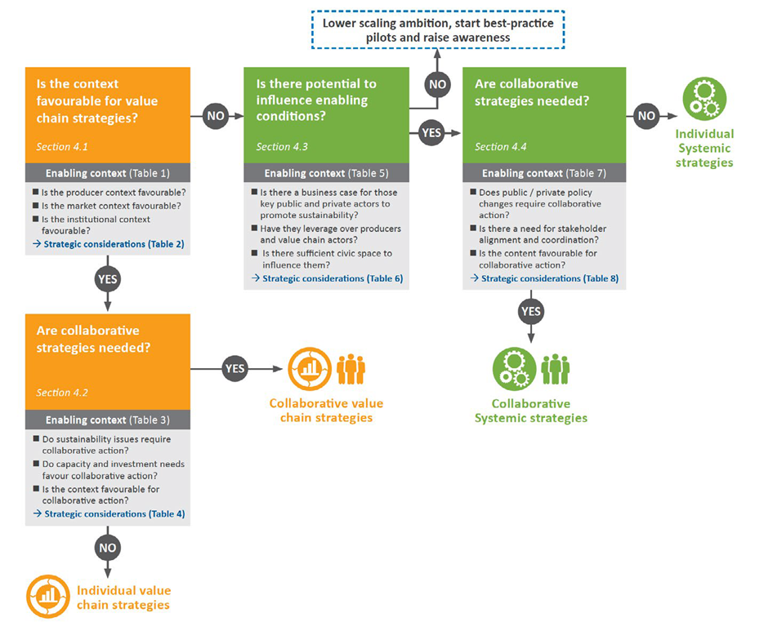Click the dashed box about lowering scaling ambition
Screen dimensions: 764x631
tap(438, 30)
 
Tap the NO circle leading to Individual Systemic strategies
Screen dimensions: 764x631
tap(646, 116)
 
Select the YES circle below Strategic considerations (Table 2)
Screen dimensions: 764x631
tap(108, 279)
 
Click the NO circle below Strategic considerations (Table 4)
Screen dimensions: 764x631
tap(108, 548)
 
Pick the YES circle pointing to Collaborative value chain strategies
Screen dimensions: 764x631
tap(235, 369)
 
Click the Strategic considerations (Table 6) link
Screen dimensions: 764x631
tap(328, 278)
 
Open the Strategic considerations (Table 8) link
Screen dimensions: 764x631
tap(545, 278)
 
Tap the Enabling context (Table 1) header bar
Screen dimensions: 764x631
tap(108, 173)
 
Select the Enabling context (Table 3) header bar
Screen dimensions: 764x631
tap(108, 420)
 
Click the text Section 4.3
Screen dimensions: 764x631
tap(282, 147)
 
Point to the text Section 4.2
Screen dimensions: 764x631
tap(62, 393)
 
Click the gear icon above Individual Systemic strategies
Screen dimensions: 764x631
tap(704, 99)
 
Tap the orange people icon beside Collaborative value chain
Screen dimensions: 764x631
tap(351, 369)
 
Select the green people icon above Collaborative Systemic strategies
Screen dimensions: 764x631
tap(556, 369)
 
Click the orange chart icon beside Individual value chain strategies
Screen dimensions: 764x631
tap(48, 597)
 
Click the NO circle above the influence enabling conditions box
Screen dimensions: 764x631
tap(437, 84)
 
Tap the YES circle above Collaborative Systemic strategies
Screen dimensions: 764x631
tap(531, 311)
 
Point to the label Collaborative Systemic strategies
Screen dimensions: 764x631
tap(531, 411)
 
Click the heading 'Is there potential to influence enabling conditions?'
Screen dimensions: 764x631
tap(316, 100)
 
